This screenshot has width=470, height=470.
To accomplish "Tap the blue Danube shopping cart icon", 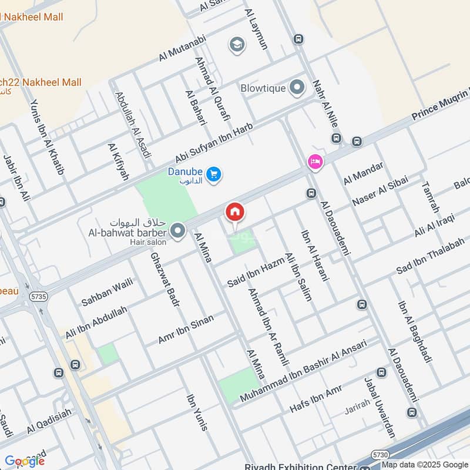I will tap(214, 174).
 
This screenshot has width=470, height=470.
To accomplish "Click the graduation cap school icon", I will tap(237, 45).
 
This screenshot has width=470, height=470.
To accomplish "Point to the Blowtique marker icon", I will tap(297, 89).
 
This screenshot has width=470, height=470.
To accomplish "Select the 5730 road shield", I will tap(379, 455).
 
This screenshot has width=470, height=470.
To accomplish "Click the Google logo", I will tap(24, 461).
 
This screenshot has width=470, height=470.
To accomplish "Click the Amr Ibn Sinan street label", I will tap(186, 329).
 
